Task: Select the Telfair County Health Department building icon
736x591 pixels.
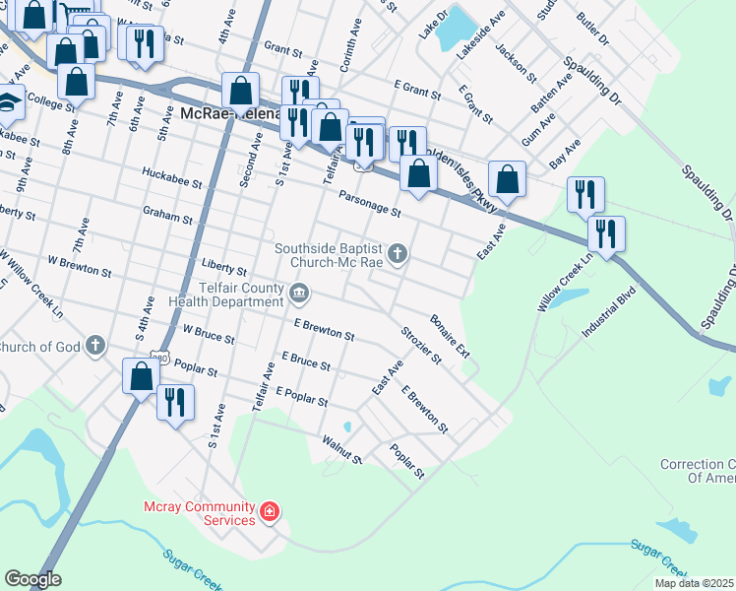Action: (300, 293)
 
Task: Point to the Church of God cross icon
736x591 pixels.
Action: (94, 346)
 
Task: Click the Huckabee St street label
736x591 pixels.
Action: (171, 183)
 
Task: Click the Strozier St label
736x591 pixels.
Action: (421, 344)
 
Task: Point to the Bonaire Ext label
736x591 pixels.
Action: (450, 336)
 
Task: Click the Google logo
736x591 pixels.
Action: (31, 579)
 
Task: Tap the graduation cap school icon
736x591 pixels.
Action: (8, 101)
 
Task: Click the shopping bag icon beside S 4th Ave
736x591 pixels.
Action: (141, 375)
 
